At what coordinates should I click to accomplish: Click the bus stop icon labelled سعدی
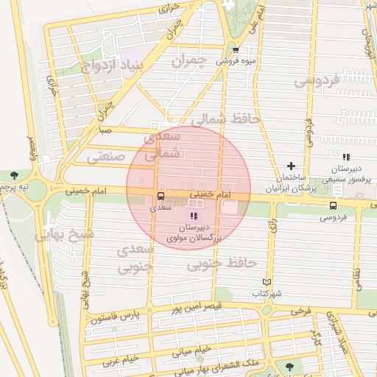click(160, 196)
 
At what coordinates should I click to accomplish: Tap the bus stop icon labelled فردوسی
click(333, 205)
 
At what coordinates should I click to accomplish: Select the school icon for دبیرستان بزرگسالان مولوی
click(194, 215)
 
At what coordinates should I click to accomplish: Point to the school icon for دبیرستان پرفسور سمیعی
click(346, 157)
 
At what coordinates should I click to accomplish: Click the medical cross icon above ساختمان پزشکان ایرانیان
click(292, 166)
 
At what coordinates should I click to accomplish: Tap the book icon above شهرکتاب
click(267, 281)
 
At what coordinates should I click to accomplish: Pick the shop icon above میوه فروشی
click(235, 50)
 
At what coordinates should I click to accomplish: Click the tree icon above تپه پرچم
click(15, 175)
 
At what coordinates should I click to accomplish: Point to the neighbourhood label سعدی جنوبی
click(134, 258)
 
